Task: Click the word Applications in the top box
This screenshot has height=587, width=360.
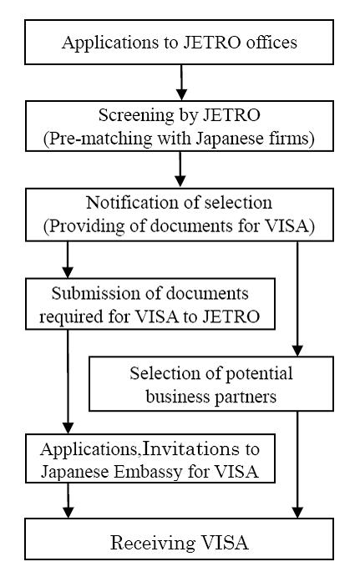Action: click(x=110, y=43)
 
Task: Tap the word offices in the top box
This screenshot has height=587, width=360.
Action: click(x=271, y=42)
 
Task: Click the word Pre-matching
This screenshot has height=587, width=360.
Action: click(x=100, y=139)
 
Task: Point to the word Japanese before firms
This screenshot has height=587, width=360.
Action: click(x=230, y=139)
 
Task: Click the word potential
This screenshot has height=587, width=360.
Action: click(x=259, y=374)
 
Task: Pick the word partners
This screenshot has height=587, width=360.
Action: click(x=245, y=397)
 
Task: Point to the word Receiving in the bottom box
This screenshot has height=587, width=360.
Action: click(x=153, y=544)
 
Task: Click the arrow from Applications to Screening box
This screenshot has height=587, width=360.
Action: click(x=181, y=83)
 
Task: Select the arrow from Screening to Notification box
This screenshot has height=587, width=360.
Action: click(x=180, y=169)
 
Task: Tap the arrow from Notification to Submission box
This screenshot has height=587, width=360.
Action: click(x=68, y=260)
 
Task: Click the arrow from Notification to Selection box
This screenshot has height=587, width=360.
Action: click(x=297, y=299)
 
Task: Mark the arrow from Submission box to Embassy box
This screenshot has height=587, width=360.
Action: click(x=68, y=382)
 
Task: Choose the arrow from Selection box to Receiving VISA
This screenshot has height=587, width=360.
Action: click(x=297, y=464)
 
